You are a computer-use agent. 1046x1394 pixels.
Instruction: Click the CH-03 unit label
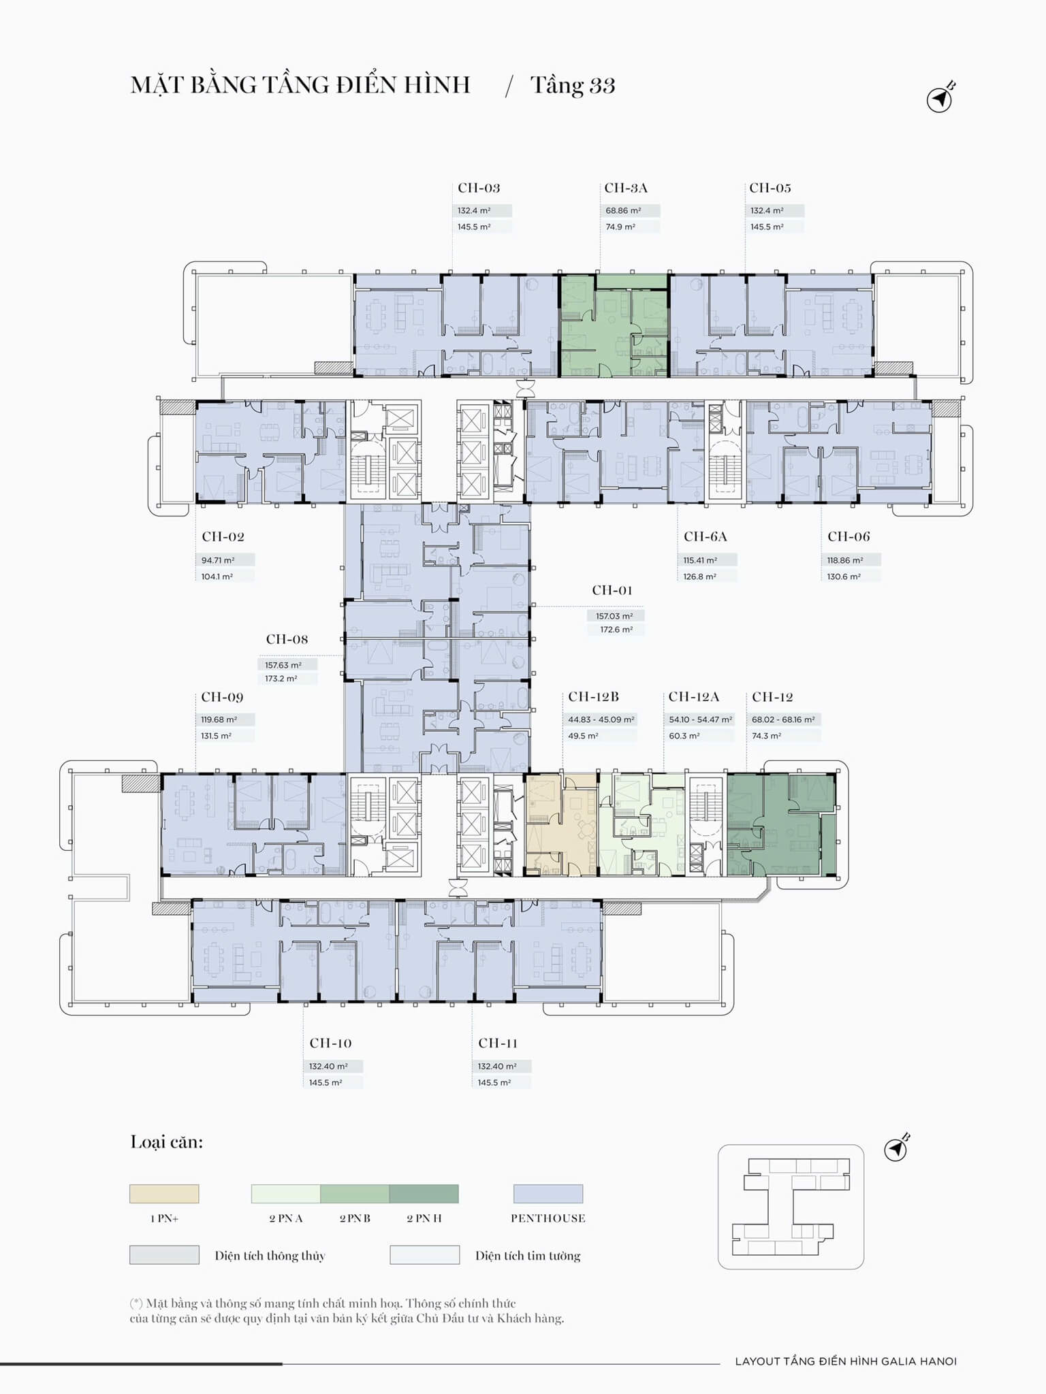pos(479,188)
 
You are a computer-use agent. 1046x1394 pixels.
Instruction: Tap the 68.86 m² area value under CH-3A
pos(623,211)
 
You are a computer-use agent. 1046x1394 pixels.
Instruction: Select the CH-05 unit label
pos(770,188)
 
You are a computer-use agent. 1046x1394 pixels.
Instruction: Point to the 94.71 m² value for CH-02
pos(218,560)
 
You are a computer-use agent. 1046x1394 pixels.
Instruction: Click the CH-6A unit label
pos(706,536)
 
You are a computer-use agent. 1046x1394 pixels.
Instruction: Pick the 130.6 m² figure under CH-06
pos(844,577)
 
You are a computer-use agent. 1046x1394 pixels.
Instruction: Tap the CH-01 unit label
pos(612,590)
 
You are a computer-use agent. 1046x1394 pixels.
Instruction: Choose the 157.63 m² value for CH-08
pos(283,665)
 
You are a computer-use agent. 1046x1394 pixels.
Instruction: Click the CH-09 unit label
pos(222,697)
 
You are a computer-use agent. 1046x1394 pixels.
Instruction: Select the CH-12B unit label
pos(594,697)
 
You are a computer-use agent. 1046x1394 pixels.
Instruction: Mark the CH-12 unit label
pos(773,697)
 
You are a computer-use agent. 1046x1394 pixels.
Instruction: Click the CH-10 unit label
pos(330,1043)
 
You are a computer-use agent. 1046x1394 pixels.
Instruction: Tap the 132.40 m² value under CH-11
pos(497,1067)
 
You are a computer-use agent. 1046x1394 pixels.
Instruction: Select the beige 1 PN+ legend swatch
pos(164,1194)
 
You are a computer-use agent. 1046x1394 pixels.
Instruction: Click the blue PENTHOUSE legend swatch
pos(548,1194)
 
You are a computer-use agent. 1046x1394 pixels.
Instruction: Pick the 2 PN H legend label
pos(424,1218)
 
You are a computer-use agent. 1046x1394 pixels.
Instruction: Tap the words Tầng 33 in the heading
pos(573,86)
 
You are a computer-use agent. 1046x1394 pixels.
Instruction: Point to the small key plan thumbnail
pos(791,1207)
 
